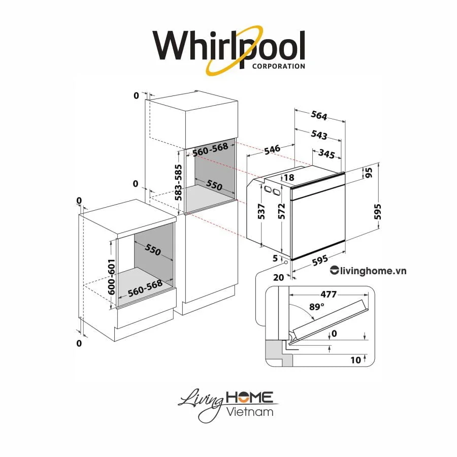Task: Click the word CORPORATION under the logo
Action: point(278,66)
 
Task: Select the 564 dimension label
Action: point(318,116)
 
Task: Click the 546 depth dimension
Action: point(272,149)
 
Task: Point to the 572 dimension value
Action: point(282,212)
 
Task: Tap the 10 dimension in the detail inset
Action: point(355,360)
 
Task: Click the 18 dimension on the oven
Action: point(289,178)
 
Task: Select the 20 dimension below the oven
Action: point(278,277)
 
